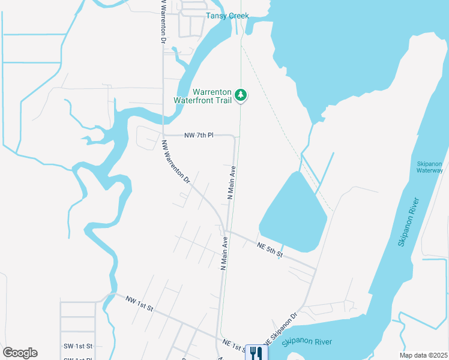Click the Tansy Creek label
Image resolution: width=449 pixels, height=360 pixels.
[227, 16]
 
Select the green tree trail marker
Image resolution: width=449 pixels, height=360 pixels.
[241, 95]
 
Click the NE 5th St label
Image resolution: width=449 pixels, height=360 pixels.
[270, 250]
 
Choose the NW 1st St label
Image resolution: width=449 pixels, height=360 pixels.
[140, 303]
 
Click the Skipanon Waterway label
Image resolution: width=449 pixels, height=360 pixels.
[430, 167]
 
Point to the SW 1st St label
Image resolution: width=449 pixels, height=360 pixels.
[78, 346]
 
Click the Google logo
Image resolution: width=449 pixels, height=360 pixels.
[20, 353]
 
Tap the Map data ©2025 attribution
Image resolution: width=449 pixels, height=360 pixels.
[424, 355]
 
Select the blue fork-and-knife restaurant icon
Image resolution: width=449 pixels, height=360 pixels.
[257, 352]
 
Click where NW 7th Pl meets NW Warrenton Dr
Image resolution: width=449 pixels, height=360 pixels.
[163, 136]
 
